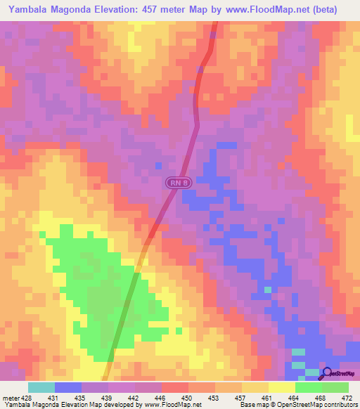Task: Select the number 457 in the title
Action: click(x=180, y=10)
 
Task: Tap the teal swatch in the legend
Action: click(x=41, y=387)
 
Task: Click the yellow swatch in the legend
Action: click(x=281, y=387)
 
